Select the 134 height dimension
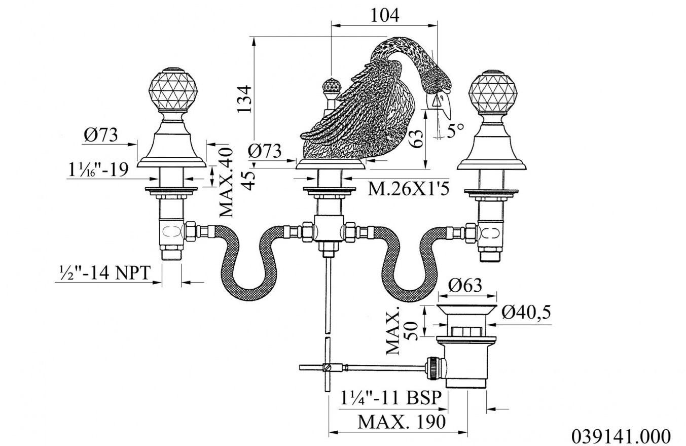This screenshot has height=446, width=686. pos(244,98)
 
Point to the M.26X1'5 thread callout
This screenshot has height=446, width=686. pos(408,189)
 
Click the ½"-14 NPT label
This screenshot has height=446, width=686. pos(103,273)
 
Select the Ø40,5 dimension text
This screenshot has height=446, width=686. pos(526,313)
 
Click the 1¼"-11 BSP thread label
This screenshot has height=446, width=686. pos(392,397)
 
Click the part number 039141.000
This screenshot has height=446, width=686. pos(621,436)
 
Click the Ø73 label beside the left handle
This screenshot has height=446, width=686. pos(101,135)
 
